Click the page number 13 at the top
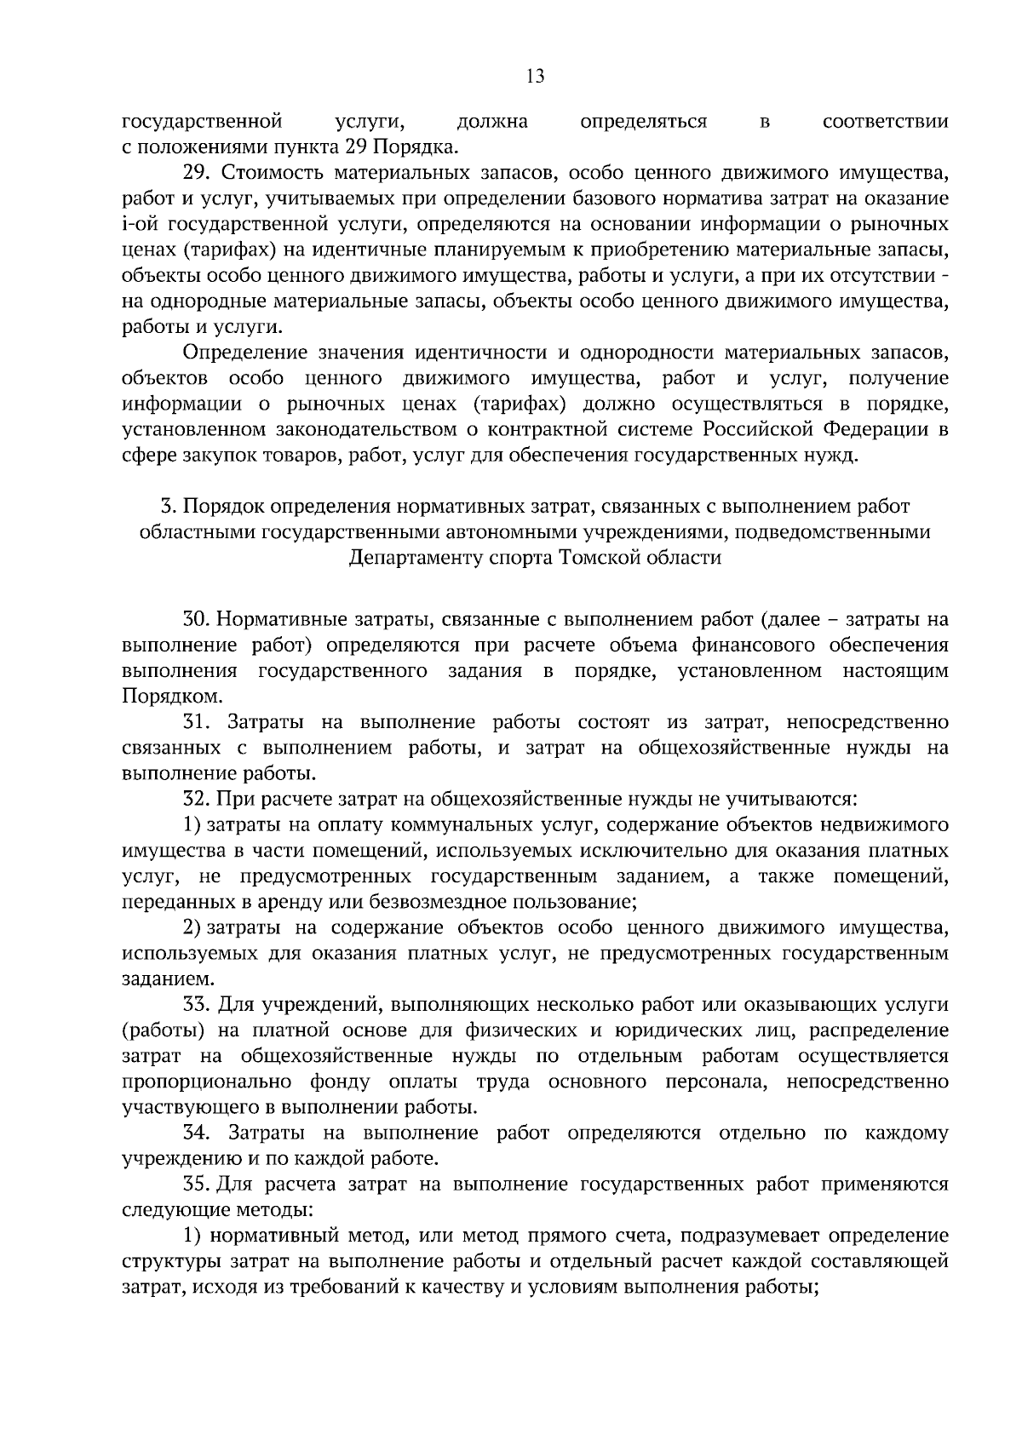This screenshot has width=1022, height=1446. tap(535, 77)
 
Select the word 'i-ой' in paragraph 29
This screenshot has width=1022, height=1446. tap(141, 225)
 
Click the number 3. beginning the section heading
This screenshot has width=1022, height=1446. tap(168, 507)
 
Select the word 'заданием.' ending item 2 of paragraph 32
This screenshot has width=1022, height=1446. tap(164, 979)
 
